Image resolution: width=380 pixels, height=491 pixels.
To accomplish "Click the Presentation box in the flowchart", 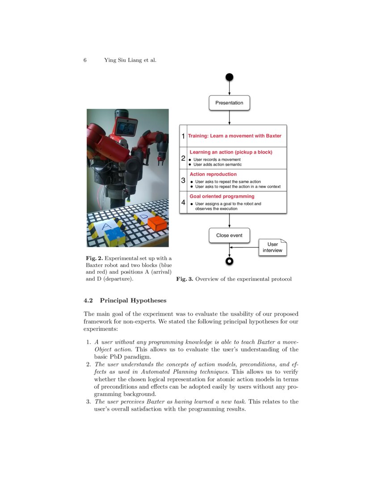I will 229,103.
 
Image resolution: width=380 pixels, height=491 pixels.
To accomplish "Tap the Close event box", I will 229,235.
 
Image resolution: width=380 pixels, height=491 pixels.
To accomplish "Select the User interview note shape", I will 272,247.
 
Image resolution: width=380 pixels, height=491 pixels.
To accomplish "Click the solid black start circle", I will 229,77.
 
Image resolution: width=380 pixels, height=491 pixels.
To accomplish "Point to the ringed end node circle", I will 229,261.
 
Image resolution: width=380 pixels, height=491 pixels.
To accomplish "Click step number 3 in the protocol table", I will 183,181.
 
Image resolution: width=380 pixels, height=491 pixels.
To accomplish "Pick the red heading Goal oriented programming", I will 222,196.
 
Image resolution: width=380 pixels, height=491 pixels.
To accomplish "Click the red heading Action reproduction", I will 213,174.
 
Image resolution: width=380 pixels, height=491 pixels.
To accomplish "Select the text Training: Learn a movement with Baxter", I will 234,136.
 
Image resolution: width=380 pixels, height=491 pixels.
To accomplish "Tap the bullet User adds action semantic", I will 217,164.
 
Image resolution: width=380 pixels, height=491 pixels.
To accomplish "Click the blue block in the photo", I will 115,236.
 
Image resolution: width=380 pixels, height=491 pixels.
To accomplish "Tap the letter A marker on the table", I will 106,226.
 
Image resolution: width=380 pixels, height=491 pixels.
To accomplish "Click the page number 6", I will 85,60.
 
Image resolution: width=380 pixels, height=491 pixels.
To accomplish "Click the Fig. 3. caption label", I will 184,279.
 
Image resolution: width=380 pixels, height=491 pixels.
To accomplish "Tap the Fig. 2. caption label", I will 94,258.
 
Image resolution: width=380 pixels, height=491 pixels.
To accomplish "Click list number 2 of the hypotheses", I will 88,365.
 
